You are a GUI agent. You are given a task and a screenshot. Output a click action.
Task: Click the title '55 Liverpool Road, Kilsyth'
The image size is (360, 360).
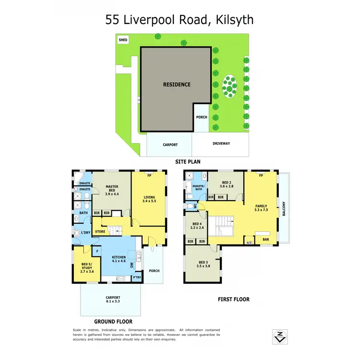pos(180,20)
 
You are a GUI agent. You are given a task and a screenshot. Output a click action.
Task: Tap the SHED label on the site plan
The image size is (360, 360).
pos(123,40)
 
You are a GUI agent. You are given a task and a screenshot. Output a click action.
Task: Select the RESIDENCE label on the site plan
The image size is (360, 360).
pos(177,84)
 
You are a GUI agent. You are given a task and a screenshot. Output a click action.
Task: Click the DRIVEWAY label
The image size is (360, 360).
pos(221,144)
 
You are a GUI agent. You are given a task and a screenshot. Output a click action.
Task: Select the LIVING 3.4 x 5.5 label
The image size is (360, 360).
pos(150,199)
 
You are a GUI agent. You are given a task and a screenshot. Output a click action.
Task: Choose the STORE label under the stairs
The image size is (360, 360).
pos(100,232)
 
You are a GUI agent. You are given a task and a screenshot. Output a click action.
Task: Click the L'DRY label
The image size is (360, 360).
pos(85,233)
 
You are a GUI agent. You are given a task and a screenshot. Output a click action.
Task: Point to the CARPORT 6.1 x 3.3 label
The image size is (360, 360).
pos(113,300)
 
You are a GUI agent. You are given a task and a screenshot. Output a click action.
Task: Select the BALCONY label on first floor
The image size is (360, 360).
pos(285,207)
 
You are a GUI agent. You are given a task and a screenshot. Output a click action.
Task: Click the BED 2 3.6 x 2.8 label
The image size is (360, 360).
pos(226,184)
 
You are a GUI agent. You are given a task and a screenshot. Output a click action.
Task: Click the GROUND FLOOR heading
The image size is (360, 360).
pos(113,322)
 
